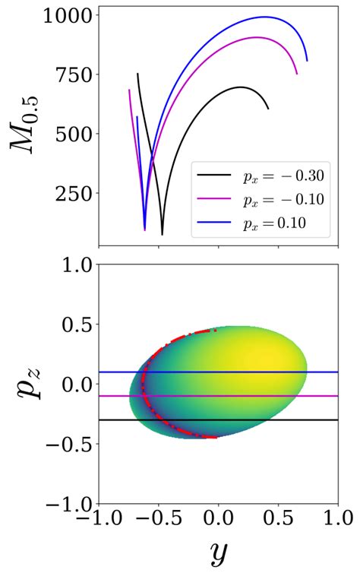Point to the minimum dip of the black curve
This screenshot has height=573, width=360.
pos(162,234)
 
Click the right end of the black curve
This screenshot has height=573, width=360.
pos(268,109)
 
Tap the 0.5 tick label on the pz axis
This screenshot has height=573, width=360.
pos(74,324)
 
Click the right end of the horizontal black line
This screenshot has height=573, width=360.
pos(337,419)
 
